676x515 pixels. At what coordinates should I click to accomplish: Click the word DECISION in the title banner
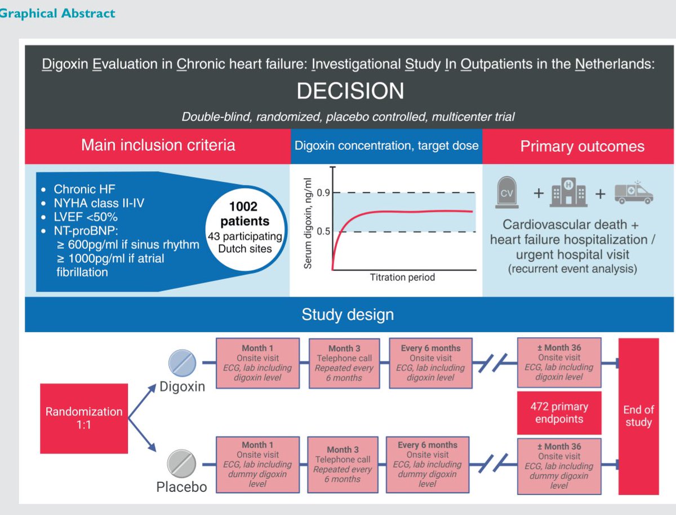(350, 91)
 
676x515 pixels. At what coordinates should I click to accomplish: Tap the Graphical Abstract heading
(57, 13)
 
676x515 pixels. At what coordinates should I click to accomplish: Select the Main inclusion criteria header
(158, 146)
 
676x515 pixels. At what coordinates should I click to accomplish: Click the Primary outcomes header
(582, 146)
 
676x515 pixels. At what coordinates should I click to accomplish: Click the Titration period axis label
(402, 278)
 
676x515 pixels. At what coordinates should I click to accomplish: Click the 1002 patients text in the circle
(244, 213)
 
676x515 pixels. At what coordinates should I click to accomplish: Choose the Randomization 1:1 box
(84, 418)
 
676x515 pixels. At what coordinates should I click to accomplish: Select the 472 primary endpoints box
(559, 412)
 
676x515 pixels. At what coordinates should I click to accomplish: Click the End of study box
(638, 416)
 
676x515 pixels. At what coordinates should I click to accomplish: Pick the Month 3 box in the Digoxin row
(344, 363)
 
